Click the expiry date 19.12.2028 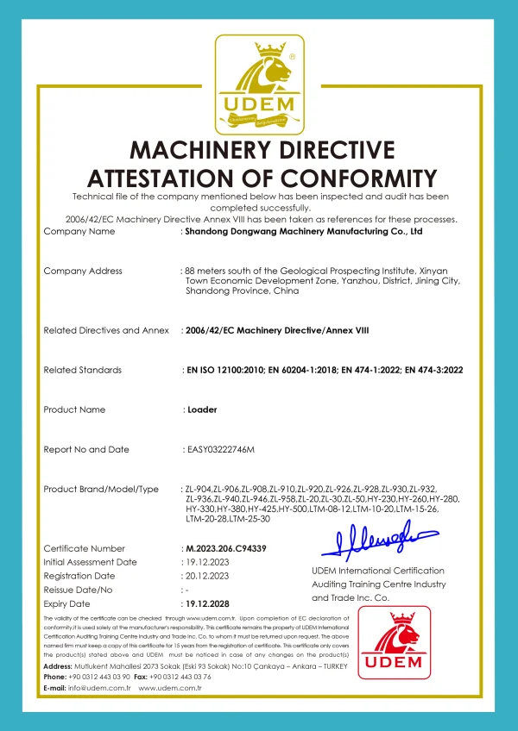pyautogui.click(x=211, y=603)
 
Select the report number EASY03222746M pyautogui.click(x=221, y=449)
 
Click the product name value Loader pyautogui.click(x=202, y=409)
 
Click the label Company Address pyautogui.click(x=83, y=272)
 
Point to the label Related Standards pyautogui.click(x=83, y=370)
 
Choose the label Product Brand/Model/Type pyautogui.click(x=101, y=490)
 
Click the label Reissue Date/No pyautogui.click(x=79, y=590)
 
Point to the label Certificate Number pyautogui.click(x=85, y=548)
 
